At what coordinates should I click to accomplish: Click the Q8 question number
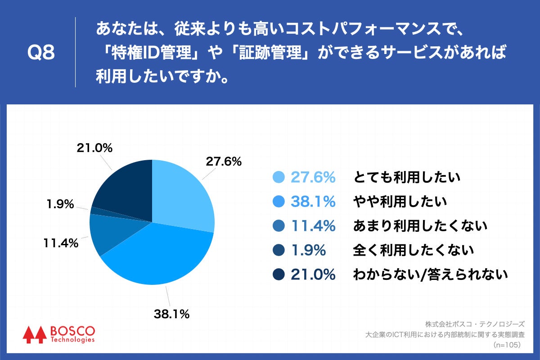[x=41, y=53]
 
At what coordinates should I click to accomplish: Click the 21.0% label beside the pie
[x=94, y=148]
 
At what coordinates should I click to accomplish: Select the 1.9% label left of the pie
[x=60, y=204]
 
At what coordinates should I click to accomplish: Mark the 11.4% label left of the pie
[x=61, y=243]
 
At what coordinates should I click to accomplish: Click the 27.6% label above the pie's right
[x=224, y=161]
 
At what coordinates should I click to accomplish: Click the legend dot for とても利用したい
[x=279, y=177]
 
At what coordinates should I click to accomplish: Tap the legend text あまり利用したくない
[x=419, y=226]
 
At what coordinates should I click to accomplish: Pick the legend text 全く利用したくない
[x=413, y=250]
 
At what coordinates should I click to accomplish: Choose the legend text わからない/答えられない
[x=430, y=274]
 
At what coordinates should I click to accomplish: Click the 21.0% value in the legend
[x=313, y=274]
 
